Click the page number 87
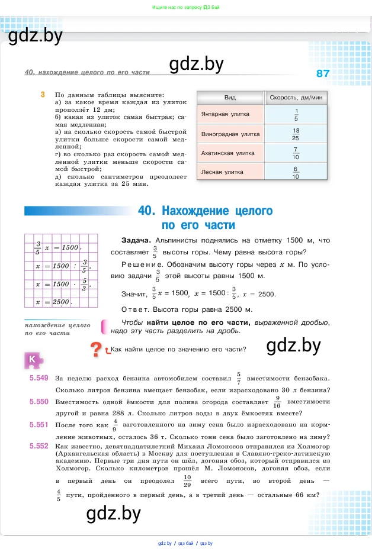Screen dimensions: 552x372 322,73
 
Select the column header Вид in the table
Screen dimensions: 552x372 230,97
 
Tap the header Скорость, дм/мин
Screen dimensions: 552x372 296,97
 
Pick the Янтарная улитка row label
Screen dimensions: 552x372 225,114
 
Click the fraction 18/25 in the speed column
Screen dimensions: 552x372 296,134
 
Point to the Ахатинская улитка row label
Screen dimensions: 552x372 228,153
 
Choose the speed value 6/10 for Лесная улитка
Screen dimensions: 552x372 296,173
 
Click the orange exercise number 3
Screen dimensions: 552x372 43,95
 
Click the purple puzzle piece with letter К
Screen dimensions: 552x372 33,359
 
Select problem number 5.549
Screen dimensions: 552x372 38,378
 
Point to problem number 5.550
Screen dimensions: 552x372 38,402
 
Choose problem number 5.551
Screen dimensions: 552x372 38,424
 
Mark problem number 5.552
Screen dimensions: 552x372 38,446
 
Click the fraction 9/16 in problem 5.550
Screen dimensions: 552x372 277,402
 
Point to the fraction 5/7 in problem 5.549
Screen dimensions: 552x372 239,378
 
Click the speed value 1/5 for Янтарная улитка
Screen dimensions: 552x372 296,114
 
